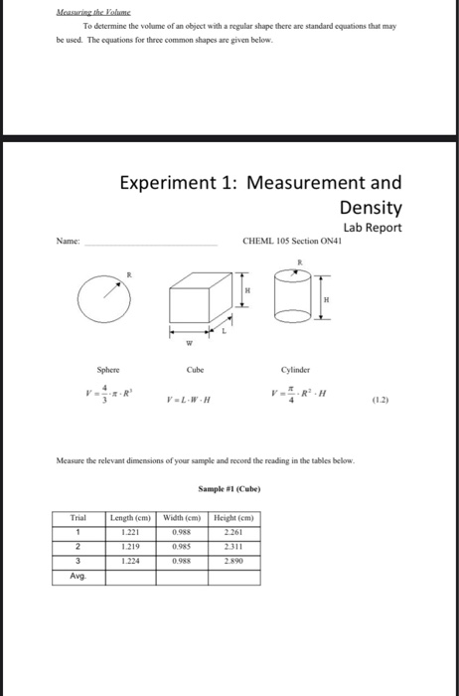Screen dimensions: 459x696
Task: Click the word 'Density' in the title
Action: point(371,208)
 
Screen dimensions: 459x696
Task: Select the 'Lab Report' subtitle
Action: point(374,228)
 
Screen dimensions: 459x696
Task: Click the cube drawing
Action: point(204,303)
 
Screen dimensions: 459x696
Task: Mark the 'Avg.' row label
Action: point(78,577)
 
